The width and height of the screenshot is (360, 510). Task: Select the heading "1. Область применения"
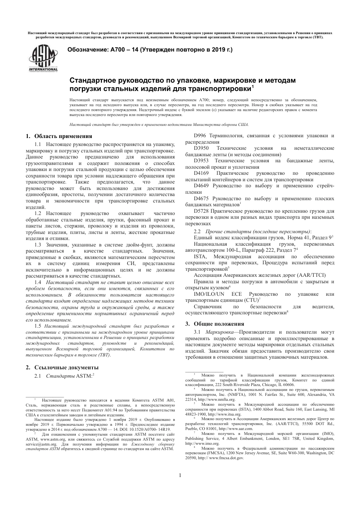[59, 136]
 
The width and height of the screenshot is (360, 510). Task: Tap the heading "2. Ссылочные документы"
[62, 367]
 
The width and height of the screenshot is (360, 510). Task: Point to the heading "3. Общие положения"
[214, 324]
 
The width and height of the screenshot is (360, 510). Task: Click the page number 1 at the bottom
[180, 475]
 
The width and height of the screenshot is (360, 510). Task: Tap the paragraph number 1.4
[38, 282]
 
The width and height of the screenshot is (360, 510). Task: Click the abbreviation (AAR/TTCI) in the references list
[308, 275]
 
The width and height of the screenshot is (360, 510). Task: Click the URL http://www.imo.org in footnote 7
[202, 443]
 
